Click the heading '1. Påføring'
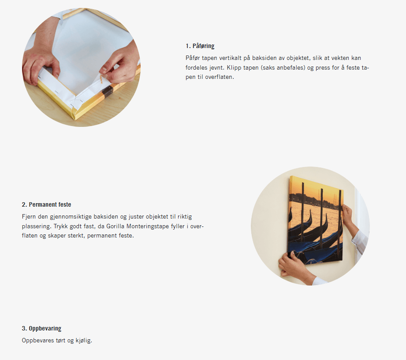click(x=200, y=46)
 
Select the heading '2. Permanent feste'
click(x=46, y=204)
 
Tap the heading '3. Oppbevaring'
click(x=41, y=328)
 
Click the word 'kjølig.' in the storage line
click(x=84, y=341)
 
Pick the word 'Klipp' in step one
click(x=234, y=68)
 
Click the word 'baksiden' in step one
click(x=264, y=58)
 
